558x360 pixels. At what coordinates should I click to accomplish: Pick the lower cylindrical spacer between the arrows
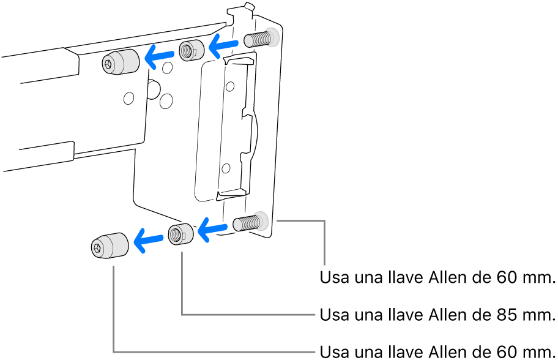click(180, 234)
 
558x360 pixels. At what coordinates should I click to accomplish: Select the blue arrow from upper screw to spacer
click(223, 43)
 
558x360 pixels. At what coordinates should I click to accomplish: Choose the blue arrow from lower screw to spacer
click(212, 230)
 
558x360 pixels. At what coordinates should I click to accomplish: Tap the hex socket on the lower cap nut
click(98, 248)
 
